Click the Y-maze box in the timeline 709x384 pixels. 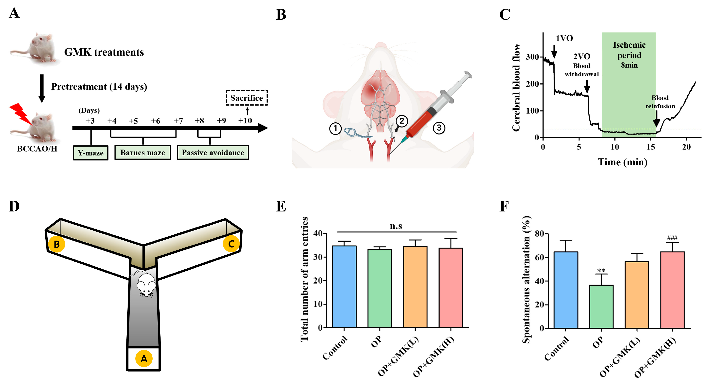coord(90,153)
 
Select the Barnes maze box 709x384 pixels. coord(143,152)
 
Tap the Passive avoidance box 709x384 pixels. coord(213,152)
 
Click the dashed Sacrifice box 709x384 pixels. coord(247,98)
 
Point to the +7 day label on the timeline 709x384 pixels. coord(178,121)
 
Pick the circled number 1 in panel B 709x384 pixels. coord(335,128)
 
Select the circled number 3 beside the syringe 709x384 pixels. coord(439,128)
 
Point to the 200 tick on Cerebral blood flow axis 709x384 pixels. coord(532,84)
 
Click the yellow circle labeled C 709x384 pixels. coord(231,244)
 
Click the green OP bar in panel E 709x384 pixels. coord(380,288)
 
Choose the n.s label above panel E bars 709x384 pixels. coord(396,226)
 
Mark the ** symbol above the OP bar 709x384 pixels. coord(601,270)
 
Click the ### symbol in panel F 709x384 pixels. coord(672,238)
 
